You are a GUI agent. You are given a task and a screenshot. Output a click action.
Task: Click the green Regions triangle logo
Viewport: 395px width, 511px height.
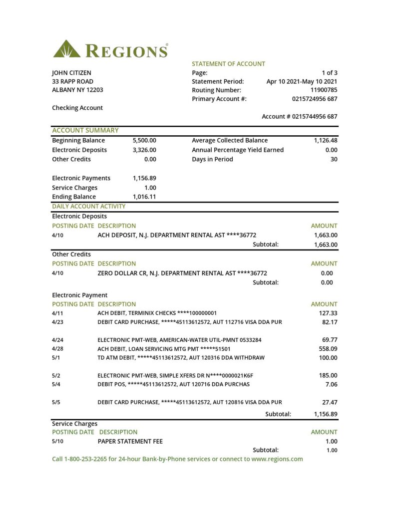coord(66,49)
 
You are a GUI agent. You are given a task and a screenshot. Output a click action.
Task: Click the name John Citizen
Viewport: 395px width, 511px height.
coord(71,72)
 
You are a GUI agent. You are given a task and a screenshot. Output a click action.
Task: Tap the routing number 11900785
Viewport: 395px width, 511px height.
coord(324,90)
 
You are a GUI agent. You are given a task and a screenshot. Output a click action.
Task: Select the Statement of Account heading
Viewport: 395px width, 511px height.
coord(228,64)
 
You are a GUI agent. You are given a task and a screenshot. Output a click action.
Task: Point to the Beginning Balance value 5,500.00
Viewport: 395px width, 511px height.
coord(144,141)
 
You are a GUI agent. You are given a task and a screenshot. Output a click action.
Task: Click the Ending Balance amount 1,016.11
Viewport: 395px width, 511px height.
coord(144,197)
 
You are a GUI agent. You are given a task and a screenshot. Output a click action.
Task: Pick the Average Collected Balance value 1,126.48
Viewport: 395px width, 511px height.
coord(326,141)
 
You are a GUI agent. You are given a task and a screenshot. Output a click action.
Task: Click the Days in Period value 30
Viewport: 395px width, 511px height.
coord(334,159)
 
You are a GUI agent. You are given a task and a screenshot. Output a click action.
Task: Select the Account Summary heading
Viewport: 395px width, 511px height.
coord(85,131)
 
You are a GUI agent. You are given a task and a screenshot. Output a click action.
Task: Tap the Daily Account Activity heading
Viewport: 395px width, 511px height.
coord(89,206)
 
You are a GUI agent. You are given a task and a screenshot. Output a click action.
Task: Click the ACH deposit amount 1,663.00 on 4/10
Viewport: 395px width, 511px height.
coord(326,235)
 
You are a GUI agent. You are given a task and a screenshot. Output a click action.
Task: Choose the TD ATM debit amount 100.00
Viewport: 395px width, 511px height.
coord(328,358)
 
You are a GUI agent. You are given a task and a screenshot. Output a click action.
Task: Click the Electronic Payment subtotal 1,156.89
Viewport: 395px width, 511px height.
coord(326,414)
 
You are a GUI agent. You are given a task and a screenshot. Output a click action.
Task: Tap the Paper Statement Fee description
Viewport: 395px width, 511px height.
coord(130,441)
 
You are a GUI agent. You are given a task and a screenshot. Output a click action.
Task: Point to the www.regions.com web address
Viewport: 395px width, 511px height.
coord(277,459)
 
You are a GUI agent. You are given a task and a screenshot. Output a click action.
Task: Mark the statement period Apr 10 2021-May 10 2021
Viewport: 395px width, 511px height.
coord(302,81)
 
